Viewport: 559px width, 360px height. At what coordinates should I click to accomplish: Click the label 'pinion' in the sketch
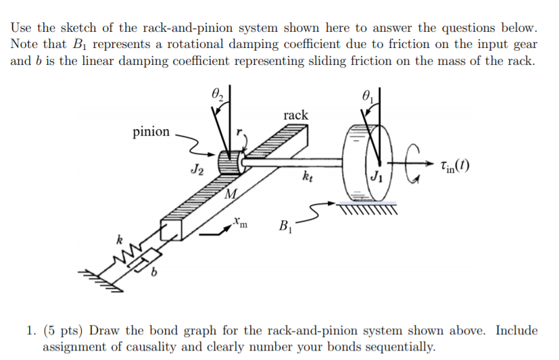tap(151, 132)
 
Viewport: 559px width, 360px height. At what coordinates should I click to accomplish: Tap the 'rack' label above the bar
tap(295, 115)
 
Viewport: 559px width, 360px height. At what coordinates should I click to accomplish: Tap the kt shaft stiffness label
tap(310, 179)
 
